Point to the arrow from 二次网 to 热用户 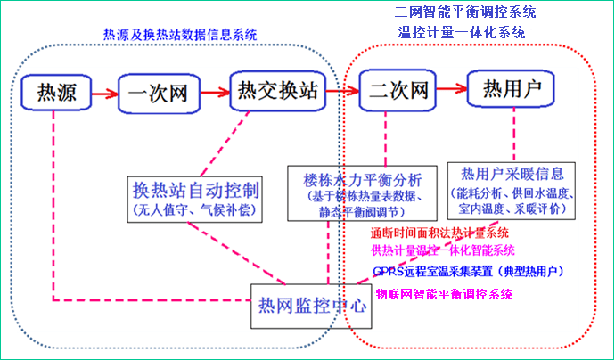[x=452, y=90]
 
